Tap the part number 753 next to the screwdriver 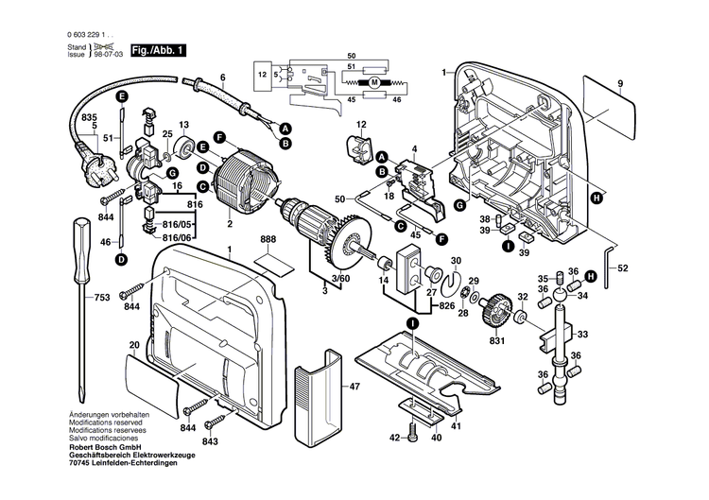[102, 298]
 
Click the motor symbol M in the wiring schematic [374, 83]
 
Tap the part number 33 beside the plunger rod [582, 335]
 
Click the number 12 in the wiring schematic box [262, 72]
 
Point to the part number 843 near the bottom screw [209, 442]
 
